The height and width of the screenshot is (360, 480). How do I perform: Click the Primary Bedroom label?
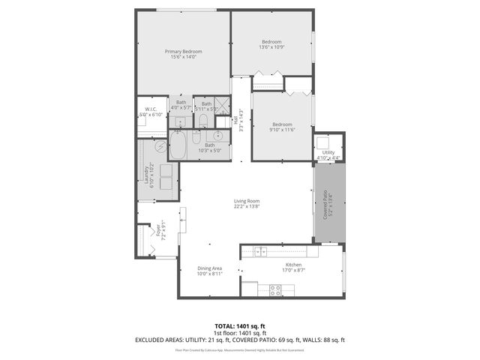click(x=184, y=51)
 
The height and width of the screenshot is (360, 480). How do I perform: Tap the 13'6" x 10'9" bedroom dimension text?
click(x=271, y=47)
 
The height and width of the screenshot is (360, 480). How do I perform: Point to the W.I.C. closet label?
click(x=150, y=109)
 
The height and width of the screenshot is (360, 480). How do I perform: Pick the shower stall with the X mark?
click(x=222, y=105)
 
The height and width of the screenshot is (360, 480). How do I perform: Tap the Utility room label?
click(x=328, y=152)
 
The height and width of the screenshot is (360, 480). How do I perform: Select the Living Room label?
click(x=247, y=201)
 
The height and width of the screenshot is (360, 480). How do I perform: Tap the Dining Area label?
click(x=209, y=268)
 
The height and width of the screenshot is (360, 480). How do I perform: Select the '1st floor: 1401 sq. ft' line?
click(x=239, y=333)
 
